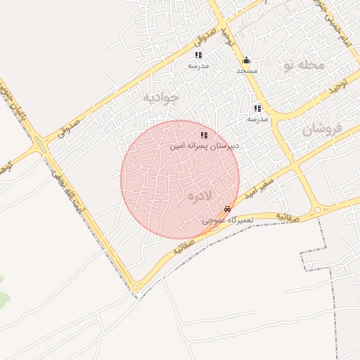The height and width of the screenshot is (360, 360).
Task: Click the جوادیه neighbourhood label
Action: click(162, 96)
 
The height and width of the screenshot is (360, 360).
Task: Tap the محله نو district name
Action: click(304, 65)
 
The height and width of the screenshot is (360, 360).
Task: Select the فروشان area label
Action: click(323, 129)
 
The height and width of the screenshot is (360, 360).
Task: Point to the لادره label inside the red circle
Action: click(200, 195)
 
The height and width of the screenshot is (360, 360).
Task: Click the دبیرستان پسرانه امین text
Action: click(205, 146)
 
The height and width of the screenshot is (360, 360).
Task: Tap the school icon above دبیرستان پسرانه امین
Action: click(204, 135)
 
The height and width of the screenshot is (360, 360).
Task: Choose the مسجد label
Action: click(247, 71)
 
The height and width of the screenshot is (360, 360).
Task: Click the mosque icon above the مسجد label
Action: click(246, 60)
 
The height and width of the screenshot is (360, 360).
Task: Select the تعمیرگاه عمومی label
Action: click(228, 220)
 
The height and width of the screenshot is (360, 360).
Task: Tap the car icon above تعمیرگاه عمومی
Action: click(226, 210)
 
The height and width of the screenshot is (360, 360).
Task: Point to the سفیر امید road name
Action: click(262, 185)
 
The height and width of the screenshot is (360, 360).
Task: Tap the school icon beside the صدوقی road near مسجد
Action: click(199, 55)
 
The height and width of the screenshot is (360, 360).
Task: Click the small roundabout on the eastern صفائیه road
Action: click(318, 210)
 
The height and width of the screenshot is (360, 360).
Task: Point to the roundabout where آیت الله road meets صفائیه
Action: click(134, 286)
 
